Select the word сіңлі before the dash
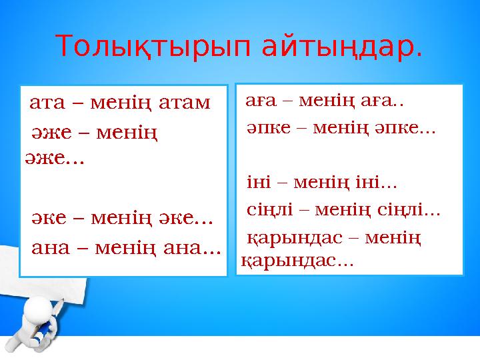point(269,212)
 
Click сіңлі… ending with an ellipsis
point(411,212)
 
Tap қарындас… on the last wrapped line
point(297,261)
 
